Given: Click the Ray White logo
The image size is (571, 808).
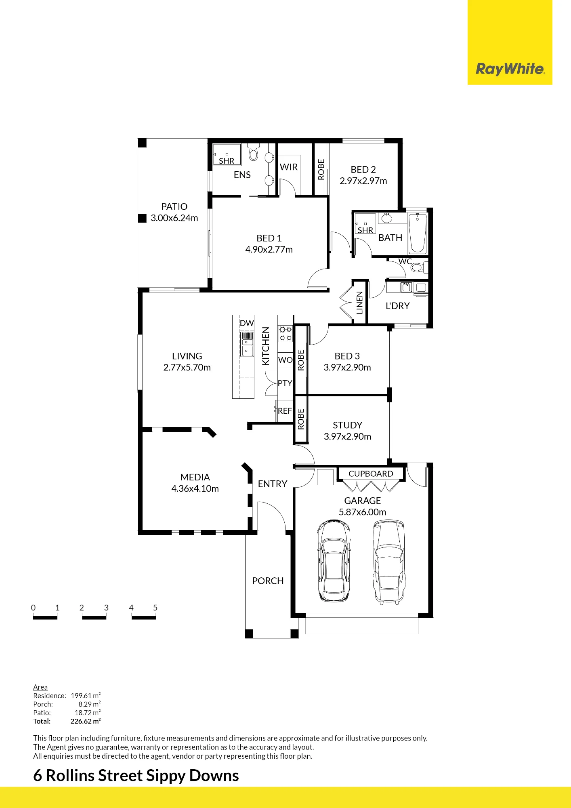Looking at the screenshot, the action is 510,69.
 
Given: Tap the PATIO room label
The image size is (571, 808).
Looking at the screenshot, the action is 174,206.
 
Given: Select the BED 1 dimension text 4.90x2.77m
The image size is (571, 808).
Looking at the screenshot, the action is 269,250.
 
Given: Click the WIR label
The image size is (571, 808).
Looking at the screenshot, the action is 289,167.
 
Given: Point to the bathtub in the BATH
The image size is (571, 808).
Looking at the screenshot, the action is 418,233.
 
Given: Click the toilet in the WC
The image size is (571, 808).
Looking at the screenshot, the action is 418,267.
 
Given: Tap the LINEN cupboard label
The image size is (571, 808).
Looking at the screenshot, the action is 359,303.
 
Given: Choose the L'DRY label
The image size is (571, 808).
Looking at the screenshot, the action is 398,306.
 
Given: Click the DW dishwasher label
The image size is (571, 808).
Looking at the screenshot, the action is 247,323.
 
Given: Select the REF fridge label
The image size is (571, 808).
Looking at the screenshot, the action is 285,411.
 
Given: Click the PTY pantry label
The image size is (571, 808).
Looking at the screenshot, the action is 285,383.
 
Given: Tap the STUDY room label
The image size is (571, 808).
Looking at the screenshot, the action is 347,425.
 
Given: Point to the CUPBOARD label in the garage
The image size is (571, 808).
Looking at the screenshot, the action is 371,473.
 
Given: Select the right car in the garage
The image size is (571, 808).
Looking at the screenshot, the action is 389,562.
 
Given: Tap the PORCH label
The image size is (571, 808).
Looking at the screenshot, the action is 268,581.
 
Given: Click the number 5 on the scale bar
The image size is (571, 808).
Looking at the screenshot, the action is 155,608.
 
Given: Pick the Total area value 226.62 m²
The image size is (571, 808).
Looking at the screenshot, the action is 86,721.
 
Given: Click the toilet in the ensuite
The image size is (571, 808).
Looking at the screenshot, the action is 254,152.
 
